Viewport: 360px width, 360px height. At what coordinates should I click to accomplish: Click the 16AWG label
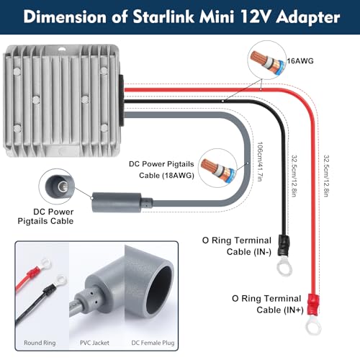coord(300,61)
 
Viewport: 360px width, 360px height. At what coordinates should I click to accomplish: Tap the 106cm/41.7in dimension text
coord(260,162)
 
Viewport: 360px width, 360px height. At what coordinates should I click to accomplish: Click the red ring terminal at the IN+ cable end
coord(313,315)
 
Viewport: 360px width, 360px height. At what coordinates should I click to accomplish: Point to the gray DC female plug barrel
coord(117,202)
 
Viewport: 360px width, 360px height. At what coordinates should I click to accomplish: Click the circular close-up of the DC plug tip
coord(57,186)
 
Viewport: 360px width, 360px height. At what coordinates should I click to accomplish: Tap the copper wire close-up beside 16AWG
coord(266,60)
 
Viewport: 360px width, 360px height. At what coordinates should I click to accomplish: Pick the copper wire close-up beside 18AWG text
coord(218,168)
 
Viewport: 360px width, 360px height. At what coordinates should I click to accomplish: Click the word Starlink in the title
coord(163,17)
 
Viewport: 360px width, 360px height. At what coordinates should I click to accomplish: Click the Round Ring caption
coord(40,343)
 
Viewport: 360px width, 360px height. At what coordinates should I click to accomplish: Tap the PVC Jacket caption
coord(94,343)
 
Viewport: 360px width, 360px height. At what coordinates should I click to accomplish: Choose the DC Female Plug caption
coord(153,343)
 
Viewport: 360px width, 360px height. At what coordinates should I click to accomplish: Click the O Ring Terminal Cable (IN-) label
coord(237,246)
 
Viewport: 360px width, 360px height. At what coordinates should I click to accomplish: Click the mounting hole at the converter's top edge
coord(62,49)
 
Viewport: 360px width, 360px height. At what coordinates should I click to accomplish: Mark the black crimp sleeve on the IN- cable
coord(284,246)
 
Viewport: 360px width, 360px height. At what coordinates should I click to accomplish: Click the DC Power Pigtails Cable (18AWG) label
coord(161,170)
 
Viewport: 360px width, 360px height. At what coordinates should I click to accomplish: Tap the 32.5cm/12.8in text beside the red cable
coord(326,176)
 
